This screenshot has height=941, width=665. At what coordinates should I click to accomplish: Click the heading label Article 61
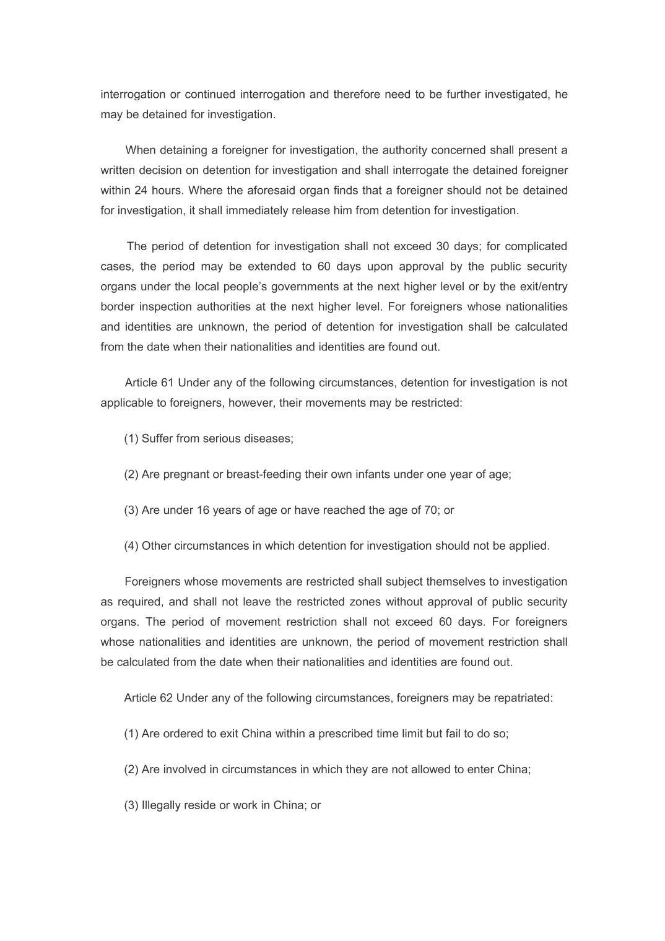(x=149, y=383)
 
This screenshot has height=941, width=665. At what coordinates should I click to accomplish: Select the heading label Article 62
(x=149, y=698)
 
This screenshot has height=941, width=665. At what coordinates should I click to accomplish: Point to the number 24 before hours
(x=141, y=190)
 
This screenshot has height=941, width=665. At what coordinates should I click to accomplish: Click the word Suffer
(x=157, y=438)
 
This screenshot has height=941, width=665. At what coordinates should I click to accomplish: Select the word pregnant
(x=186, y=474)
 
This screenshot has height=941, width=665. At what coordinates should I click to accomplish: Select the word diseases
(x=268, y=438)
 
